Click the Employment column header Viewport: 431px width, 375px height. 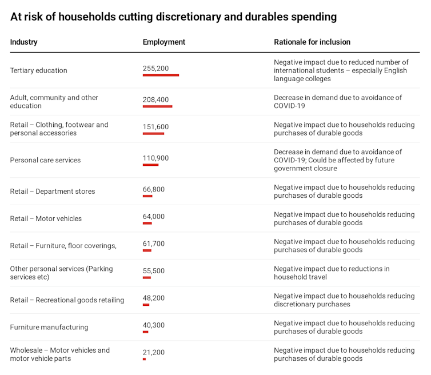coord(164,42)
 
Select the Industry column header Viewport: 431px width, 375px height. coord(24,42)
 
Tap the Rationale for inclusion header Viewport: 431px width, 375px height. coord(312,42)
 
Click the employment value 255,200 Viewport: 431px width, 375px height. coord(155,69)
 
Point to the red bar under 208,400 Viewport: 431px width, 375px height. coord(157,106)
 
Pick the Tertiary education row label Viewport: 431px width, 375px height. coord(39,70)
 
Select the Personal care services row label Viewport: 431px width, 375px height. coord(45,160)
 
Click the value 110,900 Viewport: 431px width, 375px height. coord(155,158)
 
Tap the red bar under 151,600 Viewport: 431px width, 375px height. coord(153,133)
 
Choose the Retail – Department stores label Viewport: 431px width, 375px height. coord(53,192)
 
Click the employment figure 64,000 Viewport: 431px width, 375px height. coord(153,217)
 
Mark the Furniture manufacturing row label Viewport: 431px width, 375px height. coord(49,328)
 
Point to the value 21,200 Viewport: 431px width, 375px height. coord(153,353)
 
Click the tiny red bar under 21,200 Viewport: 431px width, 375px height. coord(144,359)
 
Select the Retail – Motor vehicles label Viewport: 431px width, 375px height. coord(46,218)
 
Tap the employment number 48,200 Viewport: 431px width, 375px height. coord(153,298)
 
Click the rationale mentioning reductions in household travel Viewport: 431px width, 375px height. coord(332,273)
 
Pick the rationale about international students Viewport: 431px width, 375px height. coord(341,70)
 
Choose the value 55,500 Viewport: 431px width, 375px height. coord(153,271)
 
